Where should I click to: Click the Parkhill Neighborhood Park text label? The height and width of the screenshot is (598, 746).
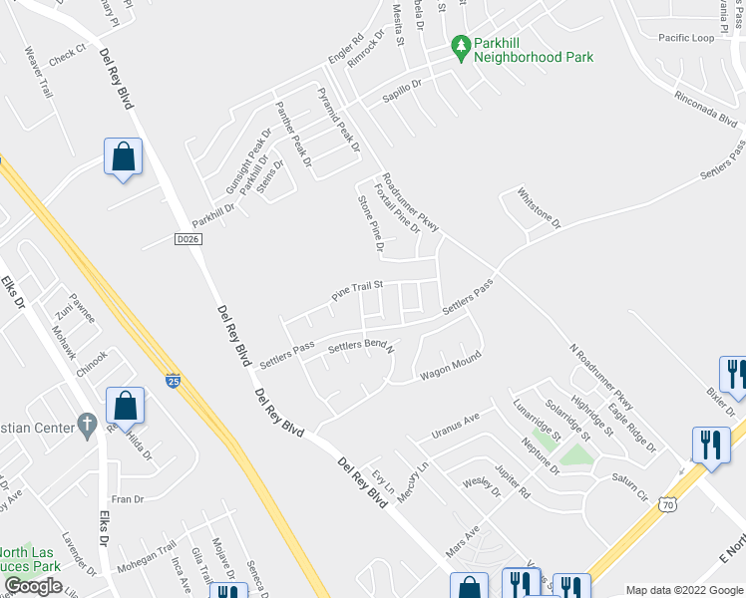click(534, 50)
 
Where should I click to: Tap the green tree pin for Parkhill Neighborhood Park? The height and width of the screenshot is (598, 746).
click(461, 46)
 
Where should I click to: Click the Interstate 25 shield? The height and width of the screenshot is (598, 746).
click(174, 379)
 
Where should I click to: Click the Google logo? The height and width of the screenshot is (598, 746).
click(33, 586)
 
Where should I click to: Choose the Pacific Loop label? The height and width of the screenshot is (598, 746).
click(686, 38)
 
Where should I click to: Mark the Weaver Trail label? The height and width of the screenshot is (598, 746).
click(38, 72)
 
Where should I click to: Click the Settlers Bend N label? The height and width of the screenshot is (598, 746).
click(361, 347)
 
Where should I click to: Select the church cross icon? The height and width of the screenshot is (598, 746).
click(87, 427)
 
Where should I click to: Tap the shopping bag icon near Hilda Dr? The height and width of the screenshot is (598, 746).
click(125, 406)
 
